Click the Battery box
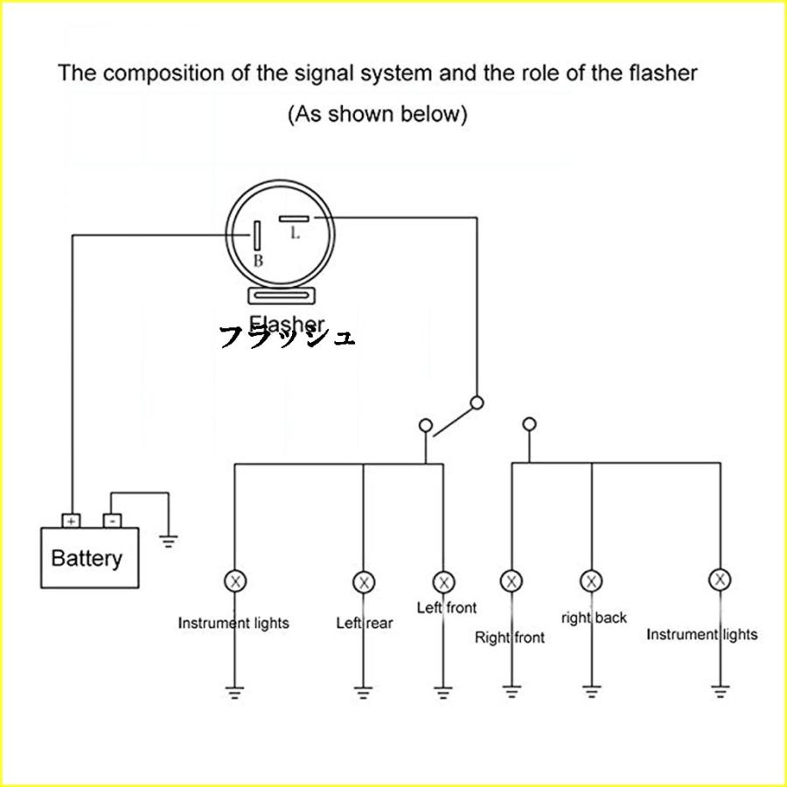91,557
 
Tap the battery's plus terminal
71,520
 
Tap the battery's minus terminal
111,520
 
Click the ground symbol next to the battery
169,540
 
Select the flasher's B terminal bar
258,235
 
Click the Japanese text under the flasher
287,336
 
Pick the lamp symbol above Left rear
363,582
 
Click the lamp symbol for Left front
443,582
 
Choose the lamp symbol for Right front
512,581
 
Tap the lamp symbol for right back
592,581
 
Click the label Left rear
365,623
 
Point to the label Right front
510,637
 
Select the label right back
595,618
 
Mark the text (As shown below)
378,114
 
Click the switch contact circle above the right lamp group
528,425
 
